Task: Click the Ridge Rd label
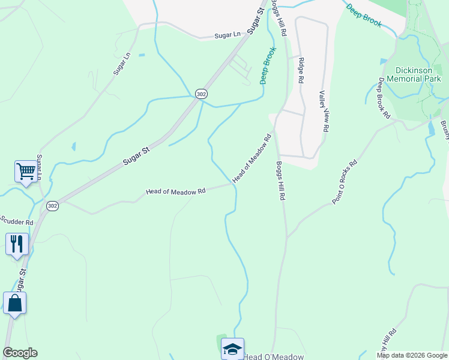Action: click(x=301, y=70)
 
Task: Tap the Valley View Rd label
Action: click(x=324, y=111)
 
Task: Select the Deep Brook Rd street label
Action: click(x=384, y=101)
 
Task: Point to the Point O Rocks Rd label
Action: click(x=345, y=181)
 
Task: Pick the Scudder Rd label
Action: click(x=17, y=221)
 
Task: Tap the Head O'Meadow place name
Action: click(x=274, y=356)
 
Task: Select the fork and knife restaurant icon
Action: click(x=17, y=244)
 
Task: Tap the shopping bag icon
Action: click(x=14, y=304)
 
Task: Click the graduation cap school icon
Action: click(x=232, y=349)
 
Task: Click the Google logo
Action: click(x=20, y=353)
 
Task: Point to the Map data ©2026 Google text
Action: click(x=411, y=355)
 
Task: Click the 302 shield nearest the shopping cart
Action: click(x=52, y=205)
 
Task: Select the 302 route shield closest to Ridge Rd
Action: click(x=201, y=94)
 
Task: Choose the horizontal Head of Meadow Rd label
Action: click(x=176, y=191)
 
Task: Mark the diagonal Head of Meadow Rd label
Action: click(x=252, y=158)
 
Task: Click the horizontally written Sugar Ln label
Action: click(x=228, y=35)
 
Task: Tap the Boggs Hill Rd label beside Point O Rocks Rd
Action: click(x=279, y=181)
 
